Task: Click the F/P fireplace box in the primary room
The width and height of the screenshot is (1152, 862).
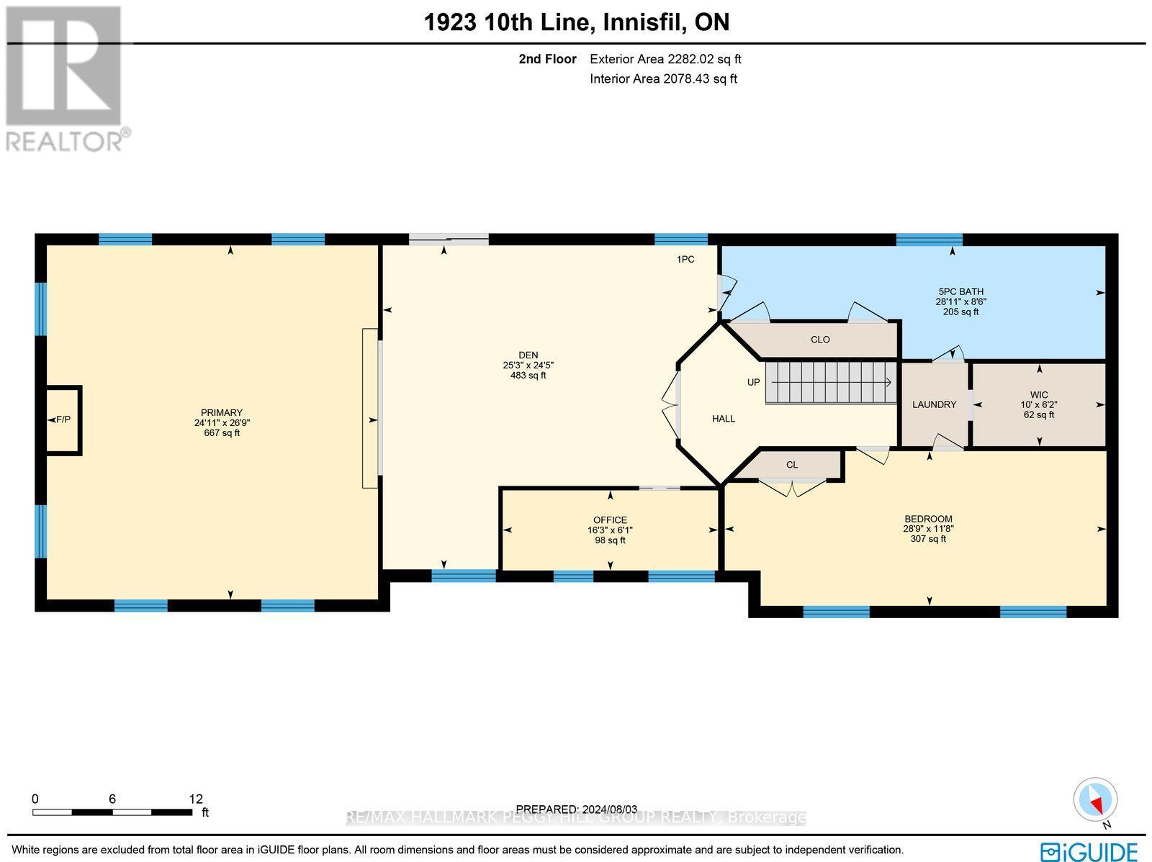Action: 63,419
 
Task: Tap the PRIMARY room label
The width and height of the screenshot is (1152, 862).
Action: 222,413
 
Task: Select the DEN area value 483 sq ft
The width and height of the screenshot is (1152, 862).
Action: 528,376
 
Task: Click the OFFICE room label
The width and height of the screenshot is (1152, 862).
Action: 610,520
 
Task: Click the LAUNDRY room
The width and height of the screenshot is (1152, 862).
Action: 934,404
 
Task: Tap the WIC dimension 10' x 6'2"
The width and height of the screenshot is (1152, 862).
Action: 1038,404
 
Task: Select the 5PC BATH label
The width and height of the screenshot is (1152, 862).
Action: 960,291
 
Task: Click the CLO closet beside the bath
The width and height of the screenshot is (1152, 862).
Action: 820,340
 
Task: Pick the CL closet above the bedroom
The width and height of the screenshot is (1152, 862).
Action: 792,465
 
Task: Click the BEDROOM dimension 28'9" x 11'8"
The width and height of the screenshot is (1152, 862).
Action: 928,528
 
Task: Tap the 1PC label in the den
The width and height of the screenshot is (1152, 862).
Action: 685,259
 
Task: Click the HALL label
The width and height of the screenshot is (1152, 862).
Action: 723,419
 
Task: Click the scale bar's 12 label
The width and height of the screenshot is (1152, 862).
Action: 196,799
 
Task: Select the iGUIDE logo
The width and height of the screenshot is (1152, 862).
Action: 1089,852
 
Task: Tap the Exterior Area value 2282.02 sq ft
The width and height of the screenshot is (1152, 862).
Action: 665,59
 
